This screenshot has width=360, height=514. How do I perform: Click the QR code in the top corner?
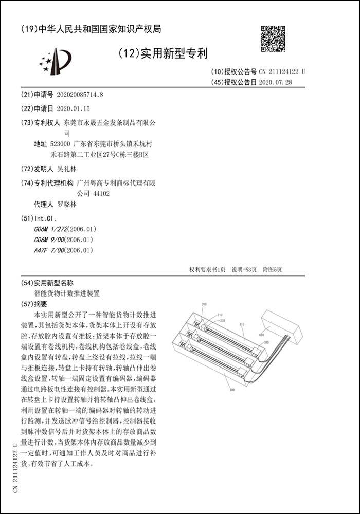(x=273, y=38)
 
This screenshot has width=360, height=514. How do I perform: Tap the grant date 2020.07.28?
(x=275, y=82)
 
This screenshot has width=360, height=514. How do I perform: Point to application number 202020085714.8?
(x=79, y=95)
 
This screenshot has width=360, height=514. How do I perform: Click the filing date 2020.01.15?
(x=73, y=108)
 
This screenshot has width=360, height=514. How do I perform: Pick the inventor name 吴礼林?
(x=66, y=169)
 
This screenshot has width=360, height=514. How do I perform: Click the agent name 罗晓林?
(x=66, y=204)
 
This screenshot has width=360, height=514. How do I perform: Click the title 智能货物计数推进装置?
(x=67, y=293)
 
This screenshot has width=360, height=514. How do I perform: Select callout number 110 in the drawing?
(x=241, y=324)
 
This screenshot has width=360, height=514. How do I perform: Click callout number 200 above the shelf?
(x=204, y=305)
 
